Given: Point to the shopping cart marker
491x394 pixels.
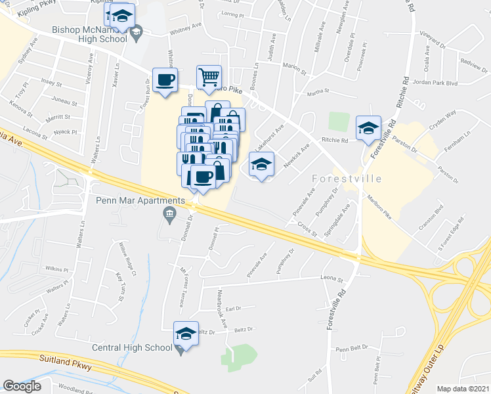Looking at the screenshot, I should tap(208, 77).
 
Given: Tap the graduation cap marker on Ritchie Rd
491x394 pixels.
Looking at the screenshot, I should tap(368, 127).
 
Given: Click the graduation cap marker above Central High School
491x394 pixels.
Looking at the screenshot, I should tap(186, 334).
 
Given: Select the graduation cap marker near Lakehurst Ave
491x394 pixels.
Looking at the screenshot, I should tap(261, 164).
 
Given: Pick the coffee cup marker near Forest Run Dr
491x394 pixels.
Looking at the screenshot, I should tap(165, 80).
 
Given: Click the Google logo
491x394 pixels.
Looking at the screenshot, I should tap(22, 386).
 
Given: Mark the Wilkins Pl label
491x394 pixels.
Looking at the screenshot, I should tap(57, 269).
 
